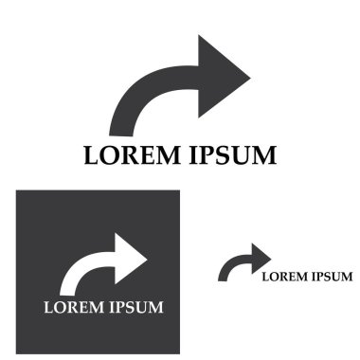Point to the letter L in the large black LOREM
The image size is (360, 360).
[x=91, y=154]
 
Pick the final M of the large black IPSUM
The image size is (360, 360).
[x=264, y=154]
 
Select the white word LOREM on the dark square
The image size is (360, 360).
[x=73, y=308]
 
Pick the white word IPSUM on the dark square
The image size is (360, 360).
[x=137, y=308]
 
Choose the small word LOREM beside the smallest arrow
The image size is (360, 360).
[x=283, y=277]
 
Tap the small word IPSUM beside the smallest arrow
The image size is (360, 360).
[x=333, y=277]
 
